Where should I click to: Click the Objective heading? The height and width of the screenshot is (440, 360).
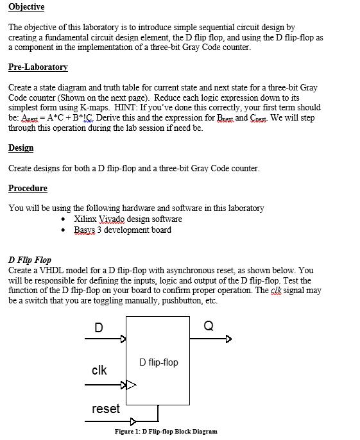tap(26, 7)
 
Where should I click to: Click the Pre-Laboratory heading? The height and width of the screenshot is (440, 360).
tap(38, 67)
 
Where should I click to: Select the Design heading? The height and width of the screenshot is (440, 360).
tap(21, 148)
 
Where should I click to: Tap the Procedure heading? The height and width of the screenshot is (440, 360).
tap(28, 188)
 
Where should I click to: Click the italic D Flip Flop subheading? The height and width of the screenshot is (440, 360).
tap(30, 260)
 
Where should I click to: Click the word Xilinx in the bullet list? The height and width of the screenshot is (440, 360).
tap(86, 219)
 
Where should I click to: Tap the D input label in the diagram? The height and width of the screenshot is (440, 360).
tap(98, 328)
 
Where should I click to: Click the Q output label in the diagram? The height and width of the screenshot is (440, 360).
tap(208, 325)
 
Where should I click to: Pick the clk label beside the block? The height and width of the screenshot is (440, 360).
tap(99, 370)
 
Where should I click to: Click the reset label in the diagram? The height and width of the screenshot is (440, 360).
tap(105, 409)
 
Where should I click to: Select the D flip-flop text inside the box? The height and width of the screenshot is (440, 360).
tap(158, 362)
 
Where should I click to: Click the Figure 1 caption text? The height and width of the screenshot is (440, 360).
tap(166, 431)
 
